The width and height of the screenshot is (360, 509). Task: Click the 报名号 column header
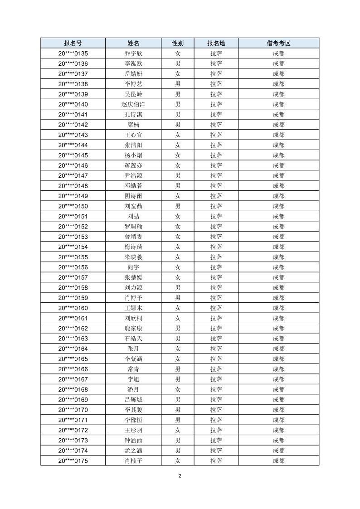click(73, 43)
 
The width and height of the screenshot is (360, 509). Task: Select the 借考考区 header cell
click(278, 43)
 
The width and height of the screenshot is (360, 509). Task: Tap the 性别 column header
click(178, 43)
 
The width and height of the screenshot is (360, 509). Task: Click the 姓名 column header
click(133, 43)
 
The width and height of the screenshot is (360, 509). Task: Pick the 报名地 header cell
click(216, 43)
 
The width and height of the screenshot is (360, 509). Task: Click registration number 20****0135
click(73, 53)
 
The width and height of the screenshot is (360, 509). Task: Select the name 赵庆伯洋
click(133, 104)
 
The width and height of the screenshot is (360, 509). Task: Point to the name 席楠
click(133, 125)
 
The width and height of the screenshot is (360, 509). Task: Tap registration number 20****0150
click(73, 206)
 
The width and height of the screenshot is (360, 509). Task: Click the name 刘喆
click(133, 216)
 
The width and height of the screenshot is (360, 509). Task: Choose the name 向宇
click(133, 267)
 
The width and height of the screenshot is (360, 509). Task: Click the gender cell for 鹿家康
click(178, 328)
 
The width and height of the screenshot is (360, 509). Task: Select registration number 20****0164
click(73, 349)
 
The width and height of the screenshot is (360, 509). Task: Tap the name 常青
click(133, 369)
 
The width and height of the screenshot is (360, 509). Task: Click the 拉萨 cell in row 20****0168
click(216, 389)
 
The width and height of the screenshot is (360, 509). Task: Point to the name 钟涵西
click(133, 440)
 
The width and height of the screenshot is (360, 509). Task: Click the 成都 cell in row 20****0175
click(278, 461)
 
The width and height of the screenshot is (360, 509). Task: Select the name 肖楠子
click(133, 461)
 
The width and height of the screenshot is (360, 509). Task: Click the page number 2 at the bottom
click(180, 476)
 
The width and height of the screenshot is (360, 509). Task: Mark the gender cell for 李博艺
click(178, 84)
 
